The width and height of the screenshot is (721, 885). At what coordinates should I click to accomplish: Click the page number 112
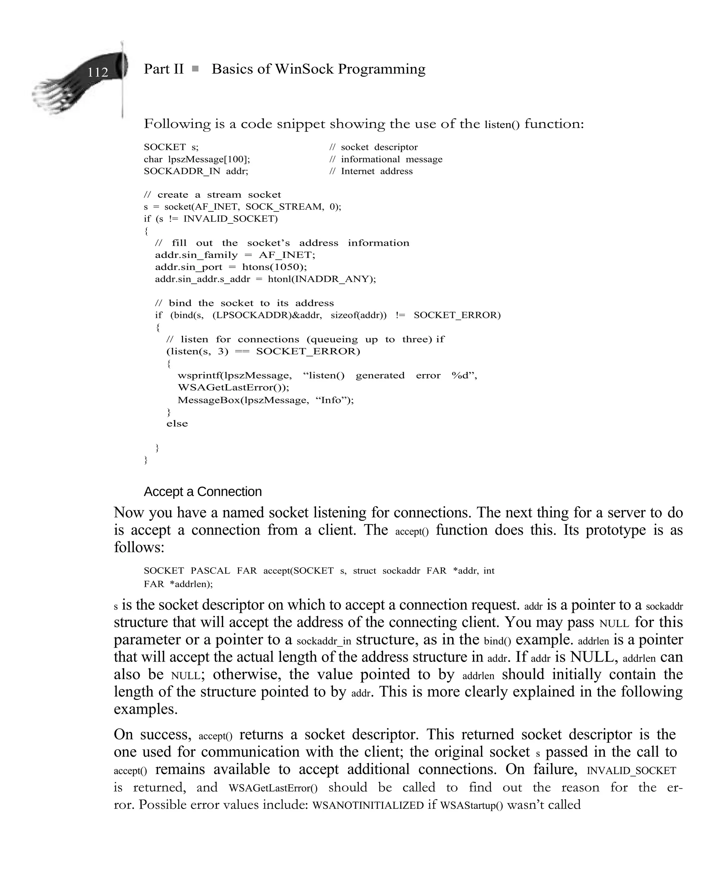click(x=98, y=73)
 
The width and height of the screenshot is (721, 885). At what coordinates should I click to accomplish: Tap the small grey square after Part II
click(x=195, y=69)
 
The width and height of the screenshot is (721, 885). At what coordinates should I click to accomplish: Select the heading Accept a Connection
click(x=203, y=491)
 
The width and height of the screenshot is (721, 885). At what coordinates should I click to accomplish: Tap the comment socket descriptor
click(x=379, y=147)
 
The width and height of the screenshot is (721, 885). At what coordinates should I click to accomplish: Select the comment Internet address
click(x=376, y=171)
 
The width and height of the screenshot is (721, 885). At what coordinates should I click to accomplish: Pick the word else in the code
click(x=177, y=424)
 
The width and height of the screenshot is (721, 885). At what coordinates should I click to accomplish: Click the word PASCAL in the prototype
click(x=210, y=571)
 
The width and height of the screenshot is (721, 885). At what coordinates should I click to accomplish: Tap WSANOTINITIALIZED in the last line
click(x=368, y=805)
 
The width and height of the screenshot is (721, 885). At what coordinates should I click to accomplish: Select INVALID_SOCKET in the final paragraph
click(x=631, y=771)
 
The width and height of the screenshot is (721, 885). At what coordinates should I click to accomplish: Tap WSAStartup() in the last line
click(x=471, y=805)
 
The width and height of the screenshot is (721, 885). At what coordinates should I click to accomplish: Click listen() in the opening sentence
click(x=502, y=125)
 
